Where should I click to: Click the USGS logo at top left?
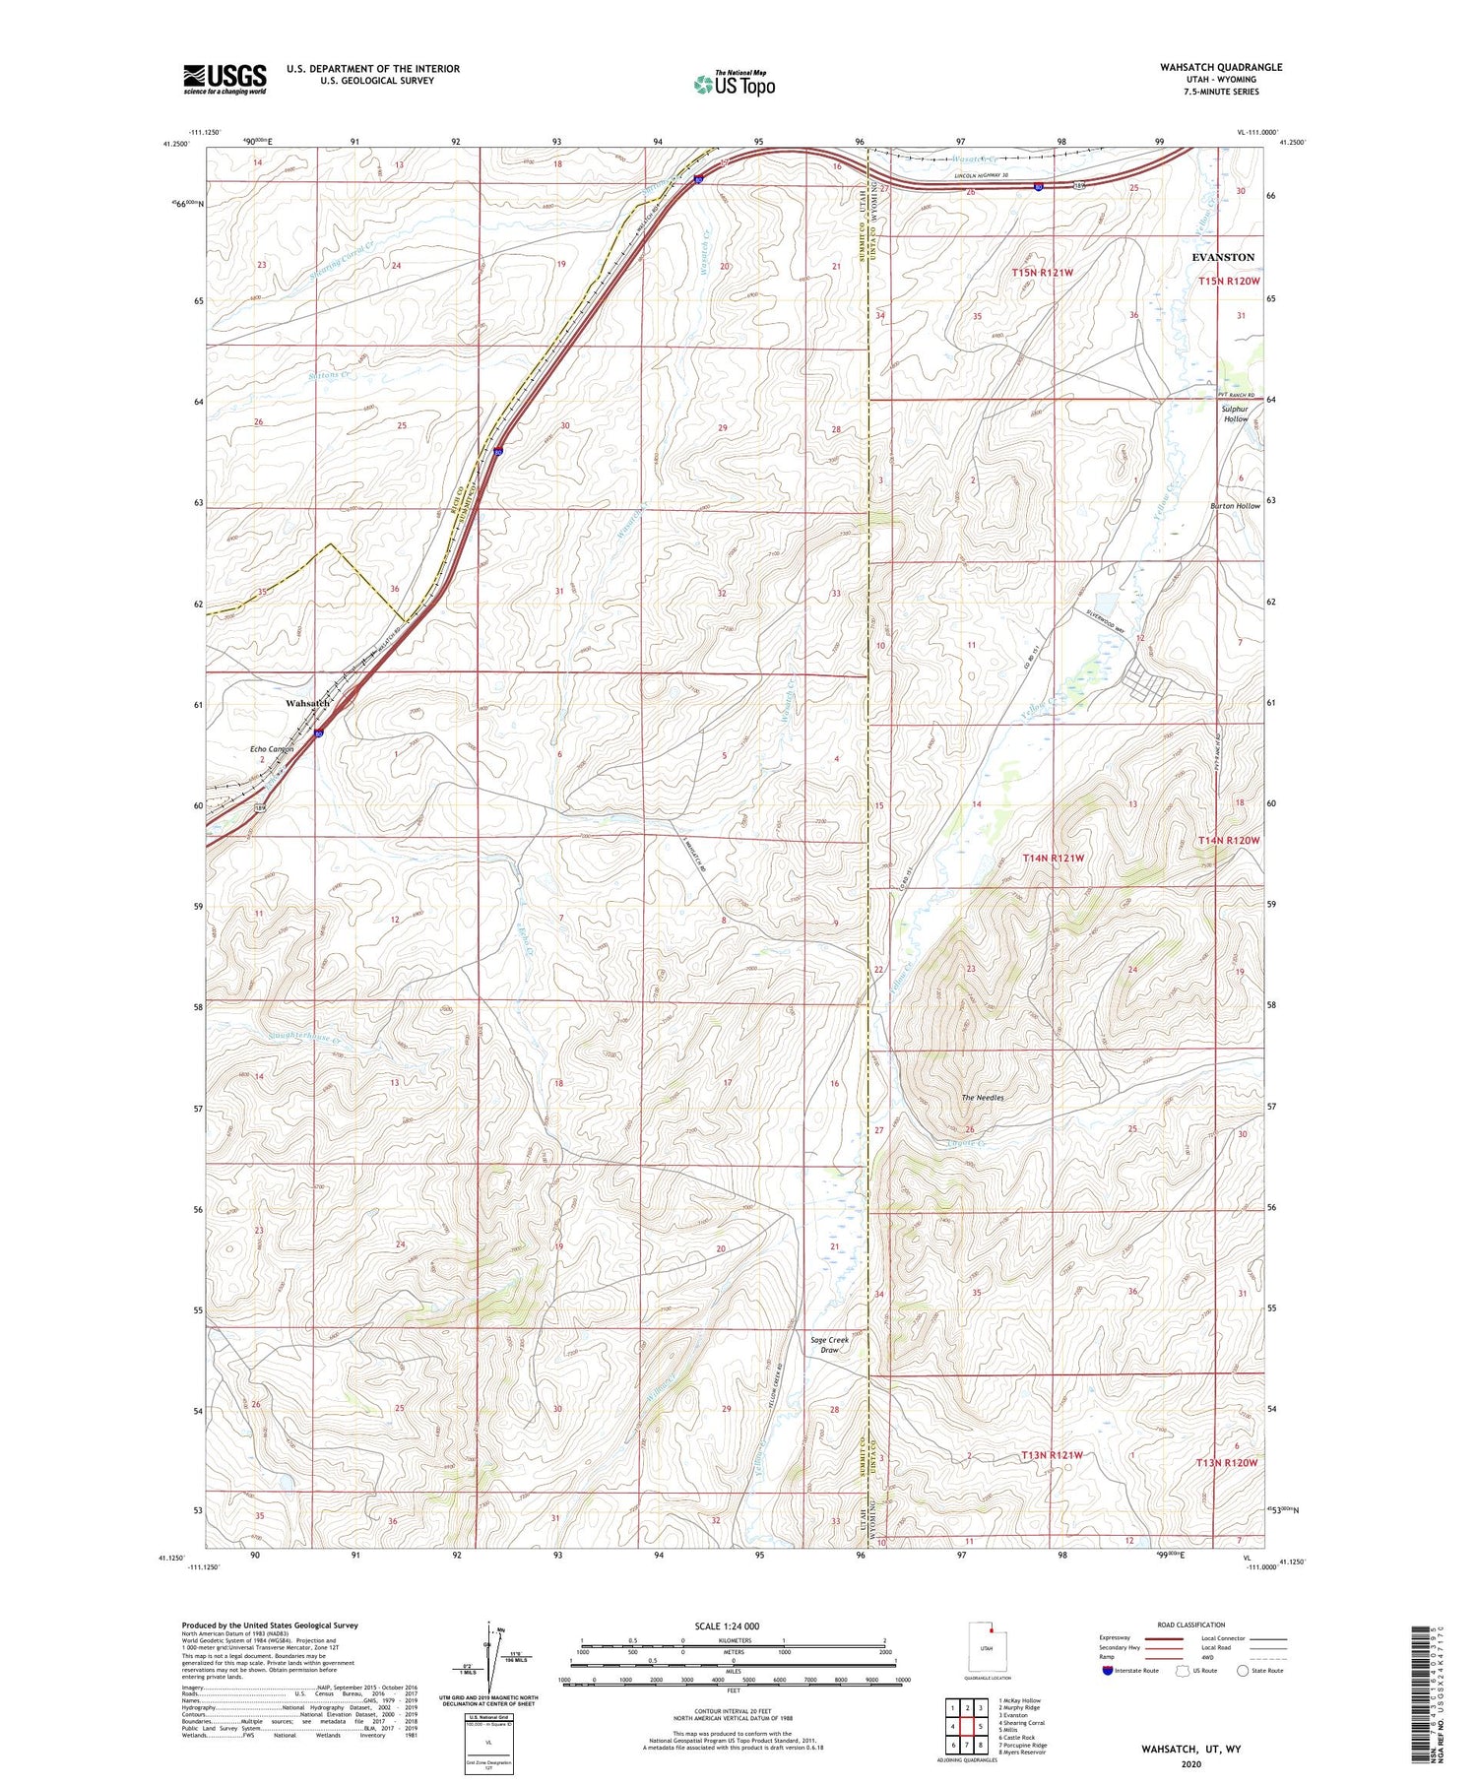(x=225, y=79)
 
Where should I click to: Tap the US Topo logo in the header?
(x=734, y=85)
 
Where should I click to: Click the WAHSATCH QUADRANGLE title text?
(x=1220, y=67)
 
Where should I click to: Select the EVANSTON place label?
(x=1223, y=257)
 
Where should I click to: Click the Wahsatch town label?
(x=307, y=703)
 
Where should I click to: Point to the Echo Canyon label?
(x=271, y=749)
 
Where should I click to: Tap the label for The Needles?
(x=982, y=1097)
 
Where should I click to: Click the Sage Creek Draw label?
(x=829, y=1344)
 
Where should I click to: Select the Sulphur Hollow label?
(x=1235, y=414)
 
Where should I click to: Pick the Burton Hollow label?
(x=1235, y=506)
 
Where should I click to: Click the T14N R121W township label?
(x=1053, y=858)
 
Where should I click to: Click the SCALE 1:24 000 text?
(x=727, y=1626)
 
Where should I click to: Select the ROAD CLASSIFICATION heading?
(x=1191, y=1625)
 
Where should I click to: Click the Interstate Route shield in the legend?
(x=1107, y=1670)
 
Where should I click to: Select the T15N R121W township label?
(x=1042, y=272)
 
